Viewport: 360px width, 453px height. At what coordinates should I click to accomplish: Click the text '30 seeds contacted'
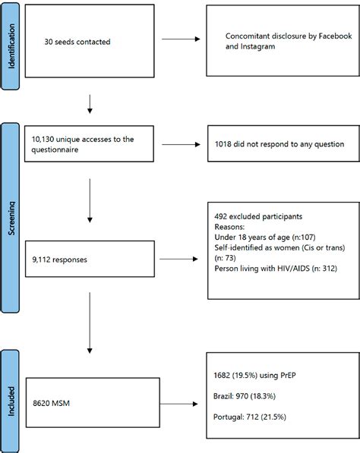point(77,41)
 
